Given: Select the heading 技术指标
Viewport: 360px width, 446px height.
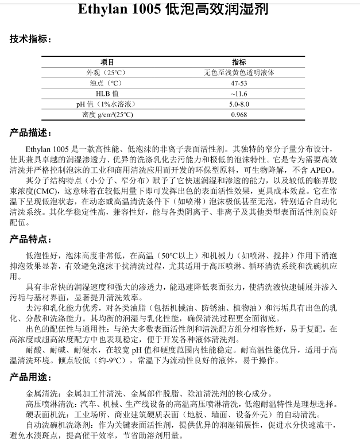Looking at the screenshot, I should [30, 40].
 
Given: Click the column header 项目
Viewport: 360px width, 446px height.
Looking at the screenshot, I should [107, 62].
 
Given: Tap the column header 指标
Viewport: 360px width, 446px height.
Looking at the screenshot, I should [239, 62].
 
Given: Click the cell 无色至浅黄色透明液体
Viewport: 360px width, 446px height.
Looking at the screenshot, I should [239, 72].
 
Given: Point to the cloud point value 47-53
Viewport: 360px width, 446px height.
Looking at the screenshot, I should [239, 83].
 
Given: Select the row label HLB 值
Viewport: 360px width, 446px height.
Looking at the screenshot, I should [107, 94].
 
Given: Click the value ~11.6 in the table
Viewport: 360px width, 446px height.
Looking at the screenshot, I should [239, 94].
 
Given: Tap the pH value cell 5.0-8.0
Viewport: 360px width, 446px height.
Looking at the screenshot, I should [239, 104].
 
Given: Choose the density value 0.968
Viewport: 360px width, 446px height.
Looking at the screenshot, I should [239, 114].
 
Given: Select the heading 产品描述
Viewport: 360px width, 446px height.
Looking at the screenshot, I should [30, 133].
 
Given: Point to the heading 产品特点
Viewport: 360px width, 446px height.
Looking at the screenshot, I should [30, 239].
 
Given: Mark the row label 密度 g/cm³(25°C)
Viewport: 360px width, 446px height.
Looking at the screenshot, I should [107, 114].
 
